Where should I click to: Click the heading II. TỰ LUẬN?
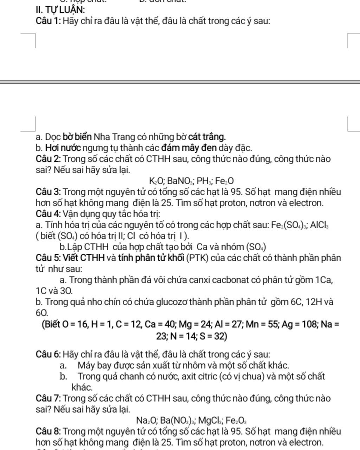[x=60, y=9]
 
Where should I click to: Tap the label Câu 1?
[x=49, y=21]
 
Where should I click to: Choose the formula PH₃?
[x=204, y=181]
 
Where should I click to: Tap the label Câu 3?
[x=49, y=192]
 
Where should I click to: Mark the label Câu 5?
[x=49, y=258]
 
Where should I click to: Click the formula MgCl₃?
[x=211, y=420]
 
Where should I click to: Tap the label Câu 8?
[x=49, y=431]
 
